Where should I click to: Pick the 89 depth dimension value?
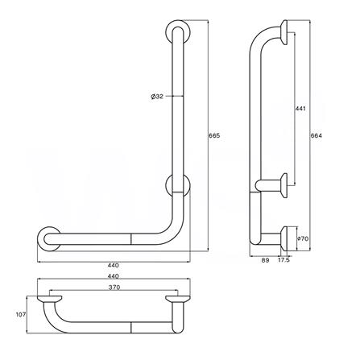[267, 260]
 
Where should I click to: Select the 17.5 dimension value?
[284, 260]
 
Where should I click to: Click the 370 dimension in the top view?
[113, 286]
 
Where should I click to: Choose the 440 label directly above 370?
[113, 275]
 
